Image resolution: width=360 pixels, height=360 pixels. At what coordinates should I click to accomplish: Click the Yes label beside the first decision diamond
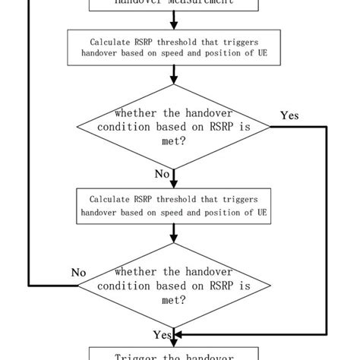point(289,116)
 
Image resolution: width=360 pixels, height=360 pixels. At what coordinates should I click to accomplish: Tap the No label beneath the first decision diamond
point(163,174)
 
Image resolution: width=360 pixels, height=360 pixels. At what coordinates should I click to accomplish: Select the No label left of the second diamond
point(79,272)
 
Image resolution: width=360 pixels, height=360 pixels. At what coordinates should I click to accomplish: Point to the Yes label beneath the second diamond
point(162,335)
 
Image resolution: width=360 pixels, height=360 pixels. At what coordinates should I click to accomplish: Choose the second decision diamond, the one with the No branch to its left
point(175,286)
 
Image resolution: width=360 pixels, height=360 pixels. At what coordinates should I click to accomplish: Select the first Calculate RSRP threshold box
point(175,47)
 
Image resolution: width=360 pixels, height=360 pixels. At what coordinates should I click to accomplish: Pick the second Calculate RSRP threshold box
point(175,206)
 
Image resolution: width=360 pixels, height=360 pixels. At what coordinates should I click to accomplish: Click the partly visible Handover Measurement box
point(175,4)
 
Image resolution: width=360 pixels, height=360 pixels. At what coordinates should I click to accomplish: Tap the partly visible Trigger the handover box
point(175,353)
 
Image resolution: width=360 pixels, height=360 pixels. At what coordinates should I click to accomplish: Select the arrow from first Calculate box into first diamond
point(175,74)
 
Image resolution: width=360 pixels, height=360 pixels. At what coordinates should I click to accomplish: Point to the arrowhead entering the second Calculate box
point(175,184)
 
